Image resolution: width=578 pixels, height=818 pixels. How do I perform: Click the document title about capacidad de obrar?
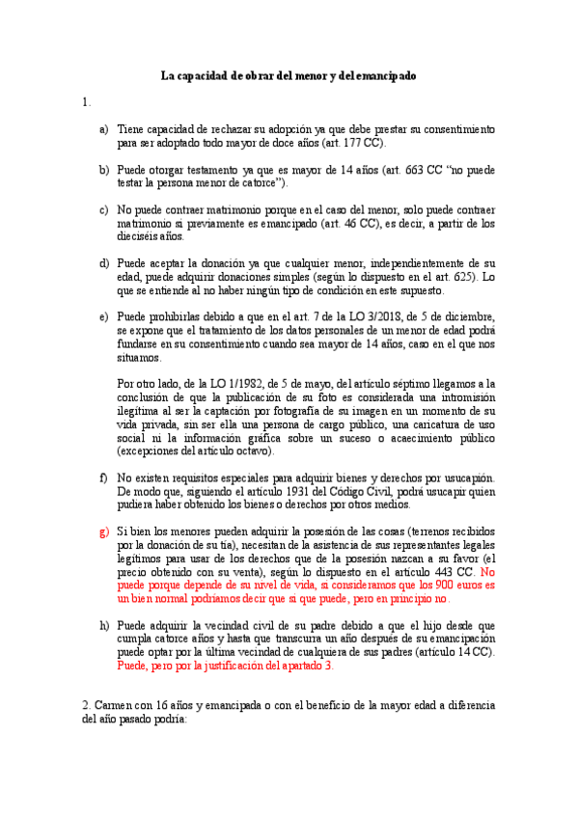(x=289, y=76)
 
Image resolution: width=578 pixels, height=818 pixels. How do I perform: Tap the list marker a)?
(x=103, y=128)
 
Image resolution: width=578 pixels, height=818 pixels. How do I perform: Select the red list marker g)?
(x=103, y=532)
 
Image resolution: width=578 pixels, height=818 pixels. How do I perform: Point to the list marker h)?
(x=103, y=626)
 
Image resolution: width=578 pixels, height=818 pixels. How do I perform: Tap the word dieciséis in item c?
(x=139, y=236)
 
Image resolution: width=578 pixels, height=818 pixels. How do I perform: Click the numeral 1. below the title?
(x=87, y=102)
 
